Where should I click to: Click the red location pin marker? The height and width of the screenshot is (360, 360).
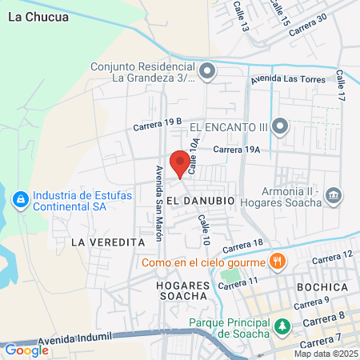click(181, 162)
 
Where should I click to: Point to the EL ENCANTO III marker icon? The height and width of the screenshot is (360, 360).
click(280, 126)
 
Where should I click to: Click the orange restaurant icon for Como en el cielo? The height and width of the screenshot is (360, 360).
click(277, 262)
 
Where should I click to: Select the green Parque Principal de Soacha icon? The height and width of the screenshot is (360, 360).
click(282, 326)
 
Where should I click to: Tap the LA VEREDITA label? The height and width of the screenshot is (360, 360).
click(107, 242)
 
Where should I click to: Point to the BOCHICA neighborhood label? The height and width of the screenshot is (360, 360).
click(322, 286)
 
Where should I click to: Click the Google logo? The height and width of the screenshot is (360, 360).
click(26, 350)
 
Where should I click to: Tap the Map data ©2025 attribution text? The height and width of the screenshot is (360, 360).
click(325, 354)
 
